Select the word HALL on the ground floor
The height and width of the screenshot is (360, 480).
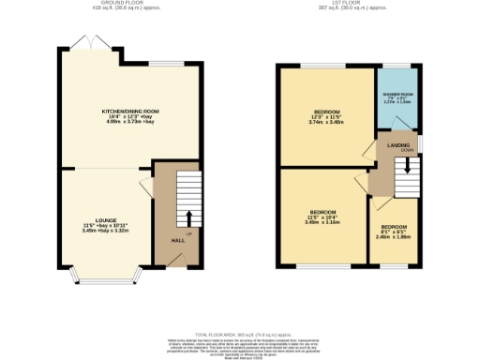[177, 241]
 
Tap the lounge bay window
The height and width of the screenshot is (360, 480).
[110, 278]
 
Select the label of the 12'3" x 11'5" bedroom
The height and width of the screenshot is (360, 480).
[325, 112]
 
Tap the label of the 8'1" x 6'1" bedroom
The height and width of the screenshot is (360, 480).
[394, 228]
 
